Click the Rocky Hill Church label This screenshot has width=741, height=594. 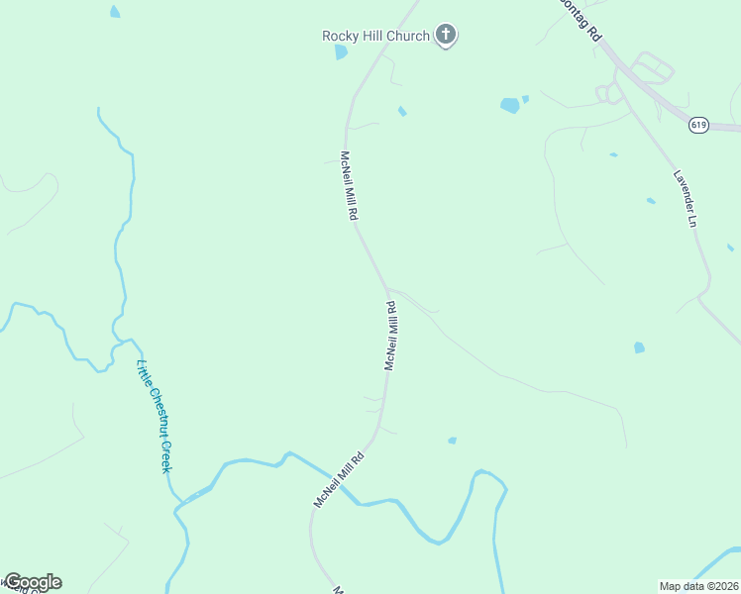[375, 37]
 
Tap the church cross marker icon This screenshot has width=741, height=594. [446, 37]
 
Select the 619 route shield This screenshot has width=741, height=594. [699, 125]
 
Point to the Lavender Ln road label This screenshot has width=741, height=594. [686, 199]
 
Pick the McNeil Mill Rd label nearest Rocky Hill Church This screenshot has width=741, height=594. [349, 186]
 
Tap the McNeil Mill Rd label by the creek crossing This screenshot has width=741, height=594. [339, 480]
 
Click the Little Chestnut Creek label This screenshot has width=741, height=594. [154, 416]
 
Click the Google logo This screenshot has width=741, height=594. [33, 582]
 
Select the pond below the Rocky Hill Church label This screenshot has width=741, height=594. [342, 52]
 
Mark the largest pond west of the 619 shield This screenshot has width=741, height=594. [509, 105]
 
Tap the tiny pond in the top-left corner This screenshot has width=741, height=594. [115, 12]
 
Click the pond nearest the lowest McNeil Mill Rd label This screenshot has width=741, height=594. [452, 441]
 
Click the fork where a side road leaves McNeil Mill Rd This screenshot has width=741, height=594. [386, 290]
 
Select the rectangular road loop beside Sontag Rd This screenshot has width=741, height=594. [652, 70]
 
